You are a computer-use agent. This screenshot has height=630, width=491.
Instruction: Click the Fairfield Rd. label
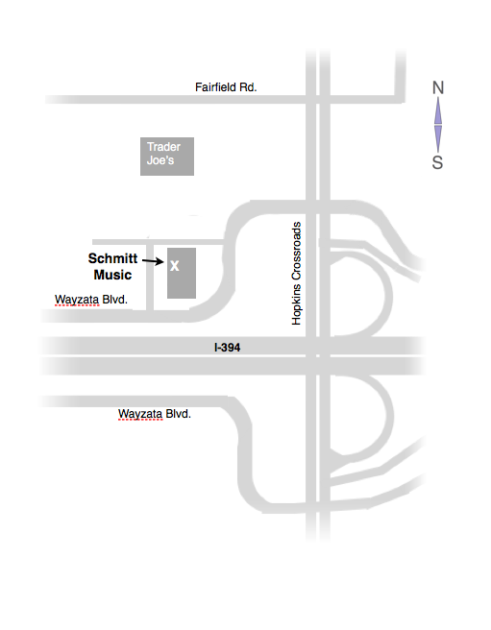point(226,87)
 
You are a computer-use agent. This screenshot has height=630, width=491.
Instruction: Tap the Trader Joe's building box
point(167,156)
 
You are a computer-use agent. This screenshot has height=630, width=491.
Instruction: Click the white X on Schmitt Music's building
point(174,265)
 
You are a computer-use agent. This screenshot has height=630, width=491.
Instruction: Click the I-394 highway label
point(229,348)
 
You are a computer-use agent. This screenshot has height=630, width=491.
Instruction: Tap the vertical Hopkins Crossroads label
point(297,274)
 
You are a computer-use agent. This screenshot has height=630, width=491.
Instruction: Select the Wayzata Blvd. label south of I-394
point(155,414)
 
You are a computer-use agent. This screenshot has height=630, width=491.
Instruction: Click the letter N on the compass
point(438,88)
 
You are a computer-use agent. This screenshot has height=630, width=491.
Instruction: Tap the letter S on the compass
point(437,163)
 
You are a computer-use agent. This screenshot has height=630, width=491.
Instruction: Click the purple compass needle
point(438,126)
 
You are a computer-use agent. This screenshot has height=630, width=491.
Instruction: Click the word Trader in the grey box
point(163,147)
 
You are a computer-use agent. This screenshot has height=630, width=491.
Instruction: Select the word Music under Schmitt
point(112,275)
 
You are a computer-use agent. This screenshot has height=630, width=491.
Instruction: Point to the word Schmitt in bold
point(112,258)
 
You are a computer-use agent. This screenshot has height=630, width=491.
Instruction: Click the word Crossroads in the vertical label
point(297,254)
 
